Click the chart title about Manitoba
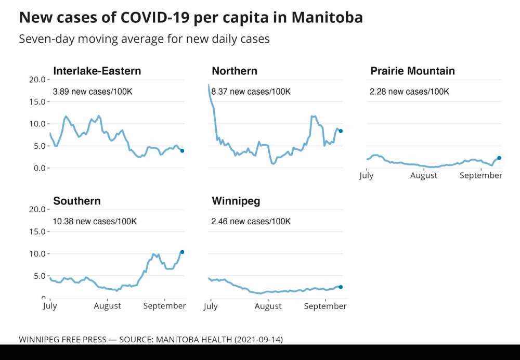[x=191, y=18]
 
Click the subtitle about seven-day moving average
[x=144, y=39]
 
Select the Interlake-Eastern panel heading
[x=97, y=71]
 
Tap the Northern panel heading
[x=235, y=71]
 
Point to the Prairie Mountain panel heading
[x=412, y=71]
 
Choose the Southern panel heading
[x=77, y=201]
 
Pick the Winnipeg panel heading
[x=236, y=201]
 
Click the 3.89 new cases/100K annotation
[x=93, y=92]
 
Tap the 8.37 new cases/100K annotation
[x=251, y=92]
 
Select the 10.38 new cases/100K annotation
[x=95, y=222]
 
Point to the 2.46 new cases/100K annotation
[x=251, y=222]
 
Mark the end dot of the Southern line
[x=182, y=252]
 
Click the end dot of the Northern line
[x=341, y=131]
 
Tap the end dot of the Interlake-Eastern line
[x=182, y=151]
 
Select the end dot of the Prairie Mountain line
[x=499, y=158]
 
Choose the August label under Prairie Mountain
[x=424, y=176]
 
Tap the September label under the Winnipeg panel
[x=325, y=306]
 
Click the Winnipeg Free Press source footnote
[x=151, y=339]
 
